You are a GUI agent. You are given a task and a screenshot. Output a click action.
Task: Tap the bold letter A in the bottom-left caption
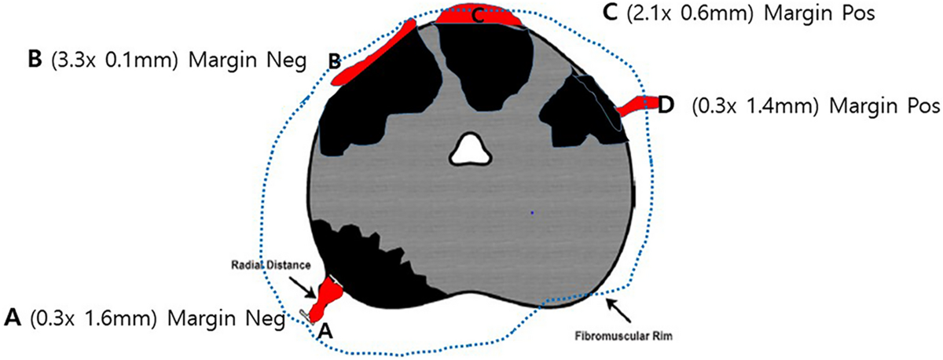12,318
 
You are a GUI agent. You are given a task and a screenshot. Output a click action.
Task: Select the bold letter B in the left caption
34,61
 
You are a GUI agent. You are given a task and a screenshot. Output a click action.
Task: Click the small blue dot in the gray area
532,212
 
